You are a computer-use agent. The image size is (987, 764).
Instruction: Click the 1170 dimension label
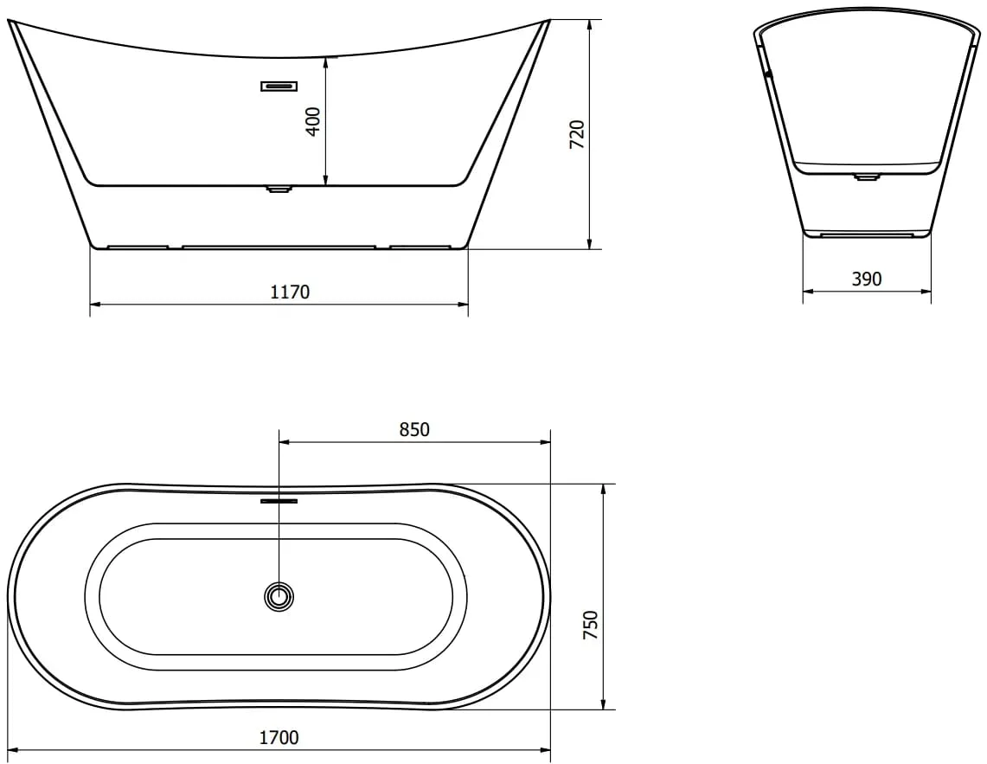290,292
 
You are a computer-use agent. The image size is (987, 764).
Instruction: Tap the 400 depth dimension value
313,121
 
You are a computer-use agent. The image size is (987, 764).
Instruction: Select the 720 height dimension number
577,134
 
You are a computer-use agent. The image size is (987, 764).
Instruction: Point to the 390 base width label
867,279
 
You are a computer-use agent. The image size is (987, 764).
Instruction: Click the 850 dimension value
414,429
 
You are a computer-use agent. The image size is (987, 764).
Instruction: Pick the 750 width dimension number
591,626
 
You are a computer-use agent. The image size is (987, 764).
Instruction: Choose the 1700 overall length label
279,737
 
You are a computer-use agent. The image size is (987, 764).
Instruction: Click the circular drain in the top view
279,596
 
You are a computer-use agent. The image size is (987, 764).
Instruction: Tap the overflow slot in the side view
279,87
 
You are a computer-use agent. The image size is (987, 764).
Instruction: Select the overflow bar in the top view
279,501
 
